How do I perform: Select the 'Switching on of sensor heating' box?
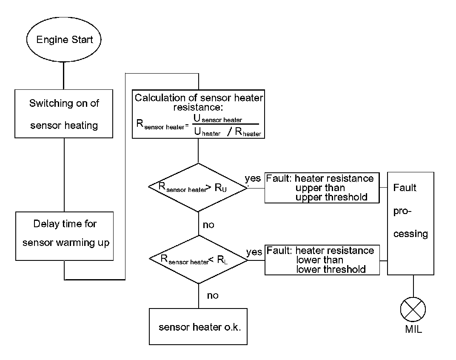coord(64,114)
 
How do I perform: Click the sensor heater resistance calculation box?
coord(198,114)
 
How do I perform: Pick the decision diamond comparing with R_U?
coord(198,187)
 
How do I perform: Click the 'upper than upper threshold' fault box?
coord(322,188)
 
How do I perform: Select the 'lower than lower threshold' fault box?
coord(322,260)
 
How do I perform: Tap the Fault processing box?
coord(410,223)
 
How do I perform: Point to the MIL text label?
coord(412,330)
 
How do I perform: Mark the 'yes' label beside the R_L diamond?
coord(254,252)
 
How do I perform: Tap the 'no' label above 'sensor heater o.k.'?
coord(213,295)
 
